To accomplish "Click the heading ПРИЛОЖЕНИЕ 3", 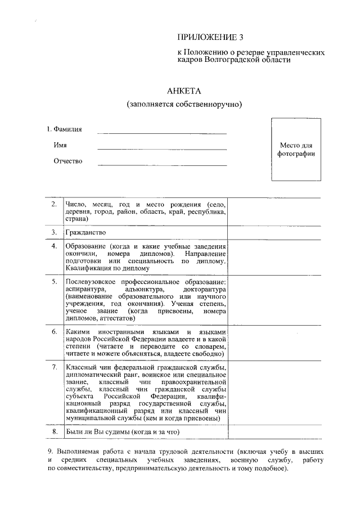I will click(211, 38).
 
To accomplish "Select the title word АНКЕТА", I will click(184, 91).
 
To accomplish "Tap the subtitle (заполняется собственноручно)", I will click(184, 105).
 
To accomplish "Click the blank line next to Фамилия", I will click(162, 133).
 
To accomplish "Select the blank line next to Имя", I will click(162, 148).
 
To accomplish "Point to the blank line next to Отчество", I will click(162, 165).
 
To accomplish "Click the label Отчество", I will click(67, 161).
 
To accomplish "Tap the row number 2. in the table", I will click(54, 204).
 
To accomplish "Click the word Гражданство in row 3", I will click(85, 232).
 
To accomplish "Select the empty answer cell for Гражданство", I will click(274, 232).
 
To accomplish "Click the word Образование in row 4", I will click(85, 246).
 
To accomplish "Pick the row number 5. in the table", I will click(54, 281).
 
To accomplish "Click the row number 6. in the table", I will click(54, 332).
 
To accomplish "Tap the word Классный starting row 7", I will click(82, 368).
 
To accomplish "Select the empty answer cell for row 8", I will click(274, 432).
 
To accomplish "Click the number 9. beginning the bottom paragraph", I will click(50, 452).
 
